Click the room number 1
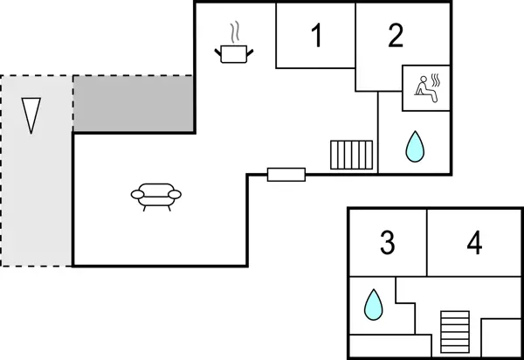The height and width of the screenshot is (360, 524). click(316, 37)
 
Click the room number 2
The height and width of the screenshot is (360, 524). click(396, 37)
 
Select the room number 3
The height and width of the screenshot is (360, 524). click(388, 243)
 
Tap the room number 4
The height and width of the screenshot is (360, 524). click(474, 243)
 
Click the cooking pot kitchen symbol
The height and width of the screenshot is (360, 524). click(234, 54)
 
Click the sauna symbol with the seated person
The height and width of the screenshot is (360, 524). click(425, 87)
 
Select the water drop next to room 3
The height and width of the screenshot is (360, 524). click(373, 304)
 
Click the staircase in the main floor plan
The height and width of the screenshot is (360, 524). click(352, 156)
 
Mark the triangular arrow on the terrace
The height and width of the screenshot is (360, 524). click(31, 114)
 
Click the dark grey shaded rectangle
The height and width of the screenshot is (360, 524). click(133, 104)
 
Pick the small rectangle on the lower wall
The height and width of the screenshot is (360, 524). click(286, 174)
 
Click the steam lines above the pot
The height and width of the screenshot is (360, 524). click(234, 33)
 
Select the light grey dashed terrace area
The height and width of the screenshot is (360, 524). click(36, 201)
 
